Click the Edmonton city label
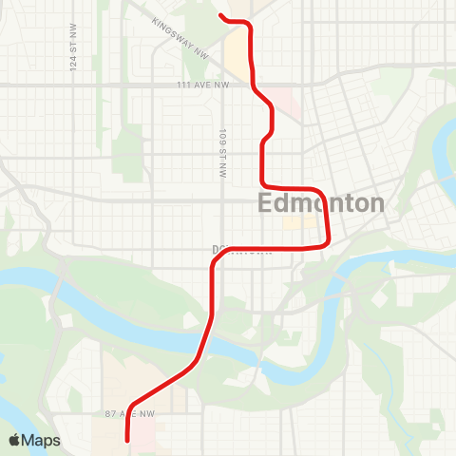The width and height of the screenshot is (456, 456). pyautogui.click(x=322, y=203)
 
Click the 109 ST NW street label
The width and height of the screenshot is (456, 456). pyautogui.click(x=222, y=153)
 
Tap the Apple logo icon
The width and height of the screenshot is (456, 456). pyautogui.click(x=16, y=440)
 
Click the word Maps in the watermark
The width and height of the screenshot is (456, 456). pyautogui.click(x=42, y=440)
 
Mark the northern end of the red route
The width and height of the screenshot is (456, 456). pyautogui.click(x=220, y=15)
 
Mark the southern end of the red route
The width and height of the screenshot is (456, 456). pyautogui.click(x=127, y=440)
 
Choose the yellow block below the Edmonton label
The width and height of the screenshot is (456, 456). pyautogui.click(x=298, y=225)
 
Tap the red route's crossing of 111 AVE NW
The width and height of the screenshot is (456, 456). pyautogui.click(x=254, y=85)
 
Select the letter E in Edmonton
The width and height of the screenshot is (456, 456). pyautogui.click(x=266, y=203)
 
